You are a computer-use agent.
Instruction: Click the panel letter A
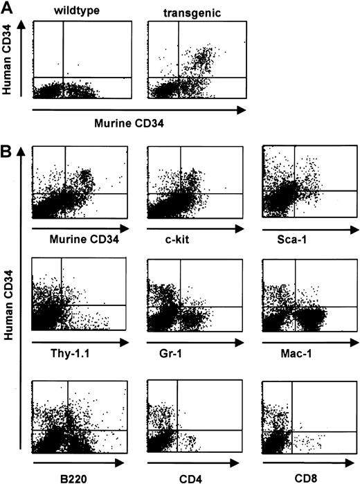[x=9, y=7]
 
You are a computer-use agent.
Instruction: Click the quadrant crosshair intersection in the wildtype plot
[x=64, y=77]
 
